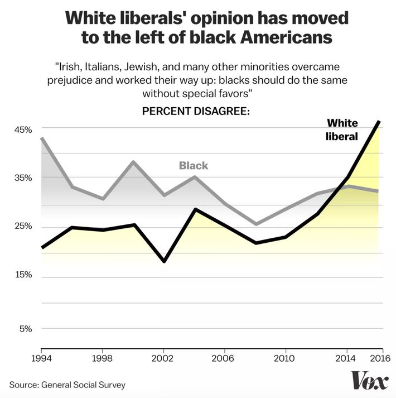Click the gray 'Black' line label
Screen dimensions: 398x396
click(193, 166)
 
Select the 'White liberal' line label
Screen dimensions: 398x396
click(341, 129)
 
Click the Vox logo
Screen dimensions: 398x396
click(369, 381)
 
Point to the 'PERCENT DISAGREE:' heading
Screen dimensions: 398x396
click(195, 111)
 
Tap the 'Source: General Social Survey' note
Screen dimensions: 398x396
click(67, 385)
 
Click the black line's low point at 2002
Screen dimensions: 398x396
click(163, 261)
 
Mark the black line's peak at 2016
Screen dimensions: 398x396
click(379, 121)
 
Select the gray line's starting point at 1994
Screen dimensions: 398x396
click(42, 138)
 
